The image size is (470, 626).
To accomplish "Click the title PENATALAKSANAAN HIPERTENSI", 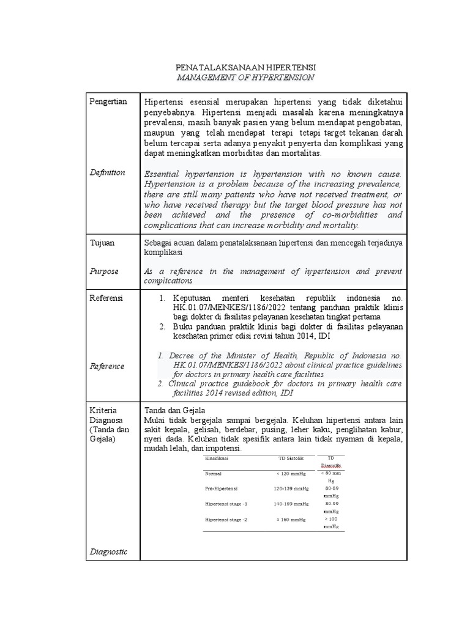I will coord(245,67).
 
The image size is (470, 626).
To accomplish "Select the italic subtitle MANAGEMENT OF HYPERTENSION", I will coord(245,78).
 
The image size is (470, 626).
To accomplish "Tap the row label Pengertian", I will coord(108,102).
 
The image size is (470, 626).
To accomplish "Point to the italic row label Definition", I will coord(108,172).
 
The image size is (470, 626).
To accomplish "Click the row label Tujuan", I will coord(102,243).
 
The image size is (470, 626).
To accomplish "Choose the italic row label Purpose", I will coord(104,271).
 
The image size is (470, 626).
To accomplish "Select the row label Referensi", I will coord(106,298).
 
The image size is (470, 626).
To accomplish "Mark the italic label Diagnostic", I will coord(108,551).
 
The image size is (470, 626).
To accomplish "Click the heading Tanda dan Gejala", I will coord(174,410).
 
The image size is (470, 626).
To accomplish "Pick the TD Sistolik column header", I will coord(291,458).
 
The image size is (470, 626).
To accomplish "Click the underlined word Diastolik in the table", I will coord(330,465).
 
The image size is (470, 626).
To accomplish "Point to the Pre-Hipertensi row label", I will coord(222,489).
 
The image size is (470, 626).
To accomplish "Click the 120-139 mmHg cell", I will coord(291,489).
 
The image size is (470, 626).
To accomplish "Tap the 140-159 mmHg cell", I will coord(291,504).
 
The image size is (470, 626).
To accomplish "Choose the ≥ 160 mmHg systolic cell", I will coord(291,519).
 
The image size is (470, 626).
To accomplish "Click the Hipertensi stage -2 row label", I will coord(226,519).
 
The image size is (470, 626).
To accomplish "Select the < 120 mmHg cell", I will coord(291,474).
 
